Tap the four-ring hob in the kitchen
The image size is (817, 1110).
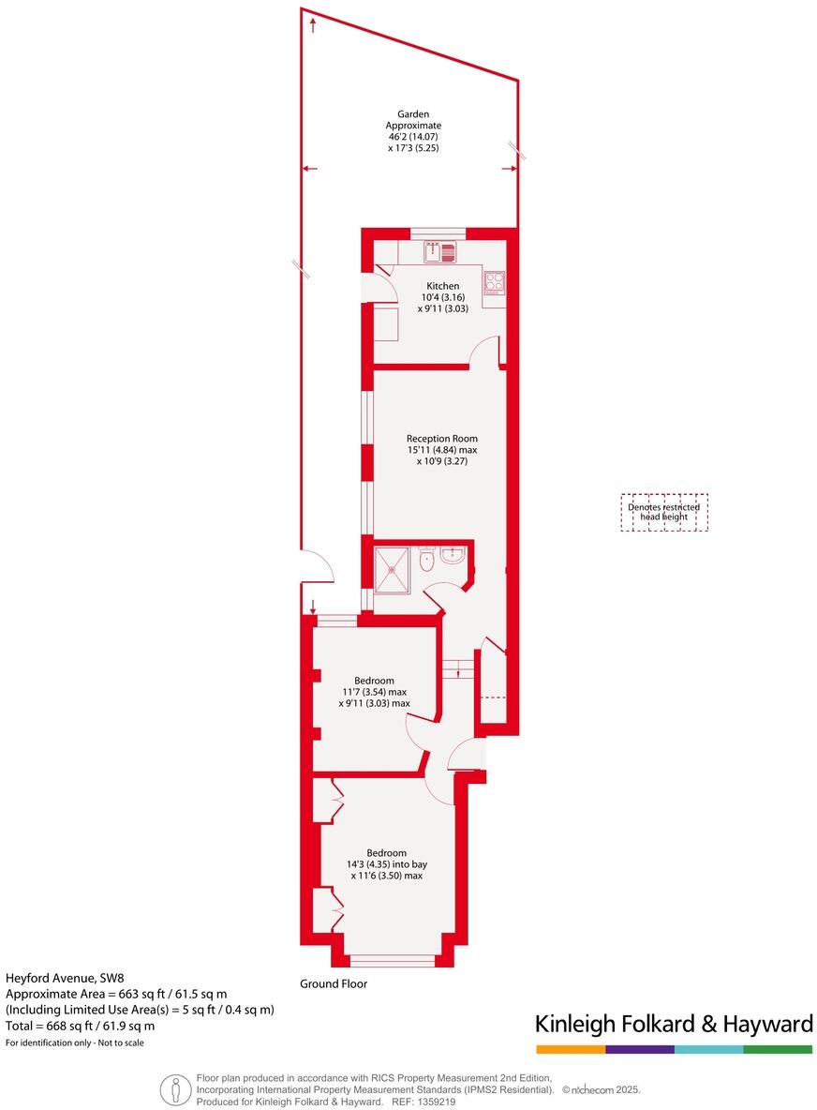tap(494, 280)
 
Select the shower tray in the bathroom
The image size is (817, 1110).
tap(393, 569)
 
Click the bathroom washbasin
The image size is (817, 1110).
tap(452, 558)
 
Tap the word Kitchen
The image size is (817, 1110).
tap(443, 286)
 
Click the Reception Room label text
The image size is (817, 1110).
tap(442, 438)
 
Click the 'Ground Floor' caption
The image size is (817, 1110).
tap(334, 984)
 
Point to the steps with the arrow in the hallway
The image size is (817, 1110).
tap(457, 667)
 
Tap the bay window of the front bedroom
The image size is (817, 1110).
tap(392, 959)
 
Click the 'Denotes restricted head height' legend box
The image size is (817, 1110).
tap(664, 512)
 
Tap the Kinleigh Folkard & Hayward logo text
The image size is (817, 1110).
tap(673, 1024)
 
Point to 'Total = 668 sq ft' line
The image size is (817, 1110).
tap(81, 1026)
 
